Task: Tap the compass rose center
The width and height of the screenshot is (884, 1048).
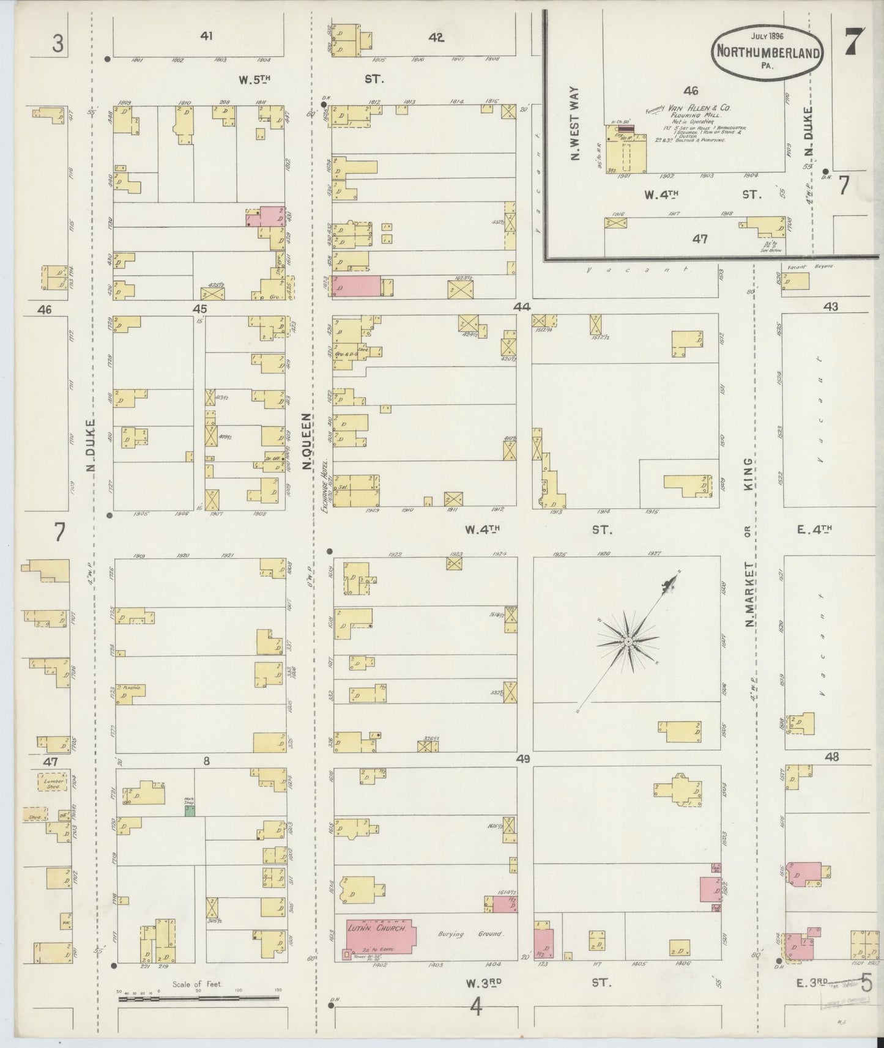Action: coord(628,641)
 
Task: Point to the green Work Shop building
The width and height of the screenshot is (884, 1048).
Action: coord(190,811)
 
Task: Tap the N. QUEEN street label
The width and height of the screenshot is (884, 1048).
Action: coord(306,440)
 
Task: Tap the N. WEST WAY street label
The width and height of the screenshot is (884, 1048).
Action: coord(575,132)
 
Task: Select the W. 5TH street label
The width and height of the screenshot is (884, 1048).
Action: coord(254,79)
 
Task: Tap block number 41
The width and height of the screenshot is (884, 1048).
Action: coord(206,37)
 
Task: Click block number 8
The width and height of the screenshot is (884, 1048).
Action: coord(207,761)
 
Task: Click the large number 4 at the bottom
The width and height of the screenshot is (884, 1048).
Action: coord(475,1006)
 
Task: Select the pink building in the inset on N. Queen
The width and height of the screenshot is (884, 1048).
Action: coord(356,286)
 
